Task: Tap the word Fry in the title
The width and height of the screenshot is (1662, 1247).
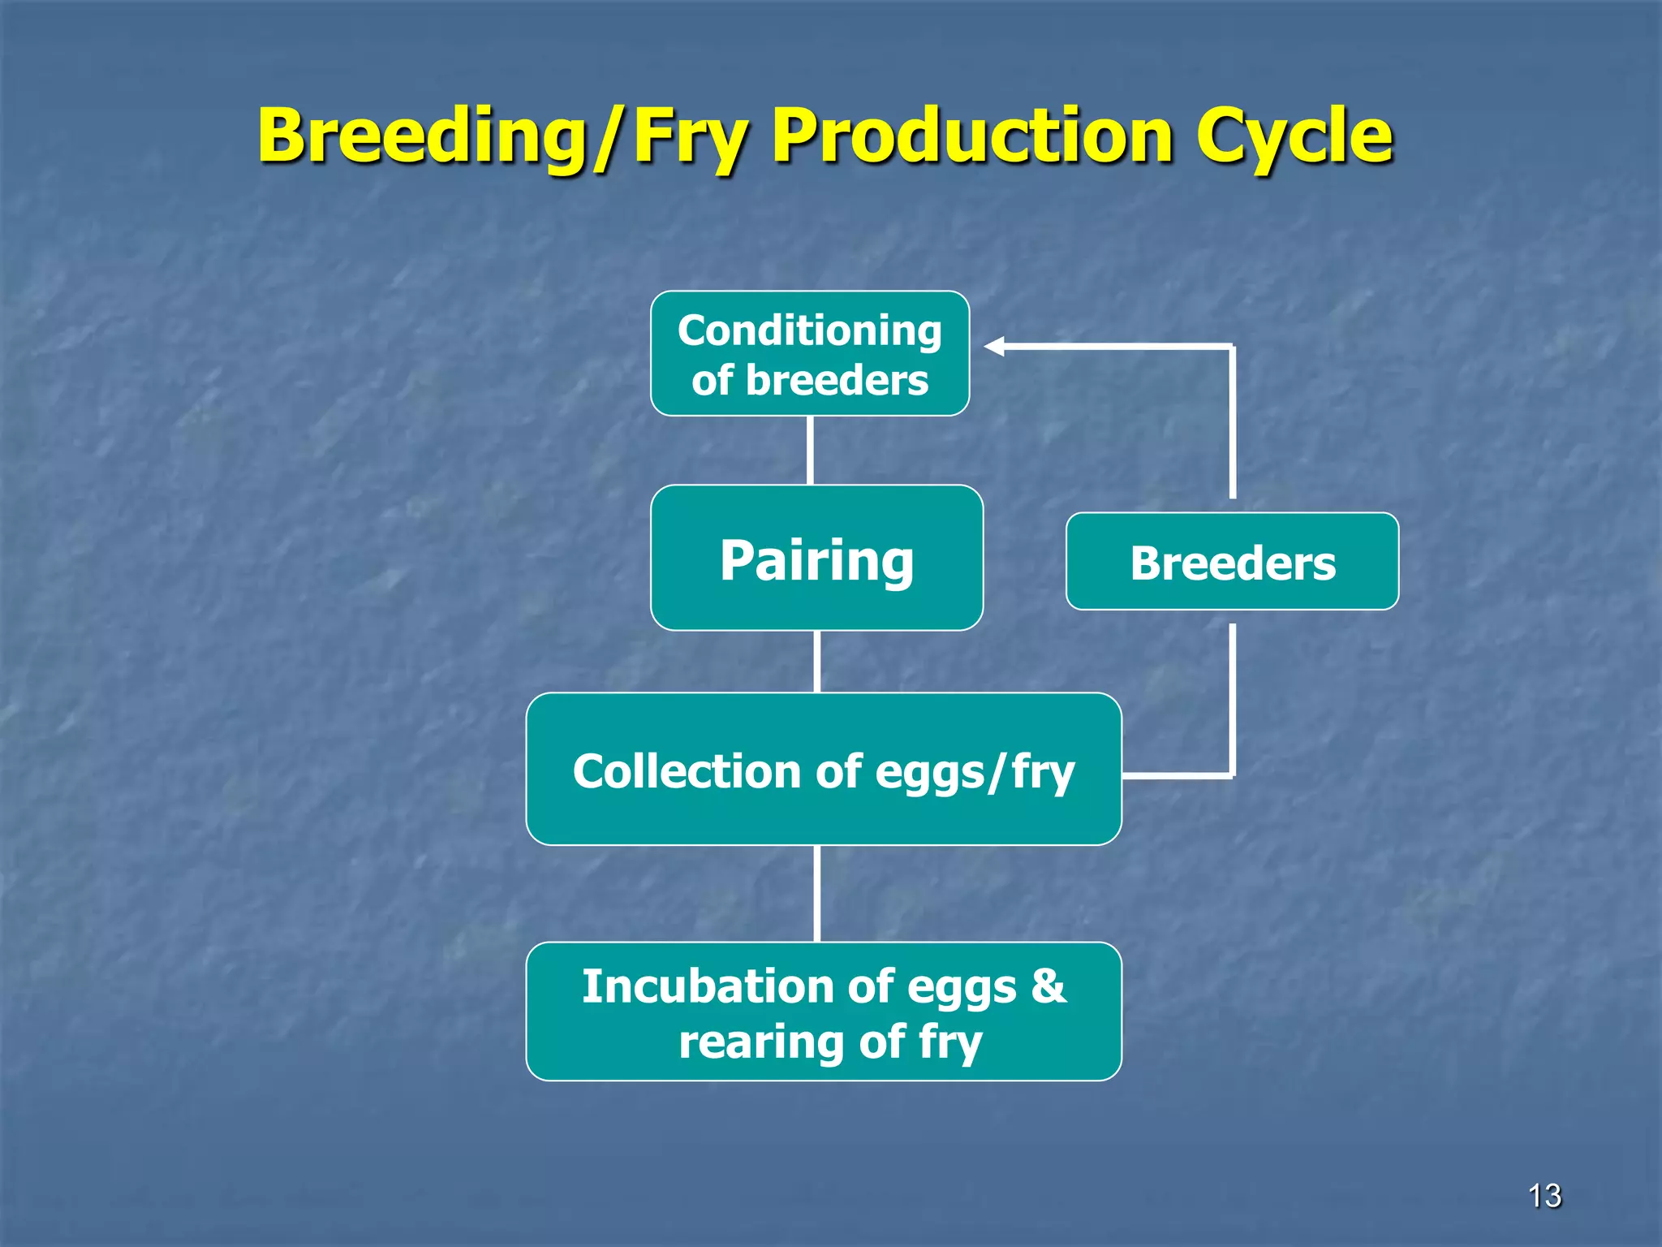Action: coord(688,136)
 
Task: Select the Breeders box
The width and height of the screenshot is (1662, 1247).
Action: coord(1232,562)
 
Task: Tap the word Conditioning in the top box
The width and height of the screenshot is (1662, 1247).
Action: coord(809,331)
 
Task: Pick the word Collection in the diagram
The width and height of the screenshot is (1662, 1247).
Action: coord(687,771)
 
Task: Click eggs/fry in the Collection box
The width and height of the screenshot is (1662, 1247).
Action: coord(975,773)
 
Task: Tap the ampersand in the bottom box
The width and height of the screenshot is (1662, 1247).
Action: coord(1048,986)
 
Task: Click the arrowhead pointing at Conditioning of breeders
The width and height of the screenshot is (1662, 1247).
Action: coord(995,347)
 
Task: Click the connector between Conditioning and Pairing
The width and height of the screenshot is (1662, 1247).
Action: coord(810,451)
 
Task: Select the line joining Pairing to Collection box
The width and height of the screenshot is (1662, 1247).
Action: coord(816,662)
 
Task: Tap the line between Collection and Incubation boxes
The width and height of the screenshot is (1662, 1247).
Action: coord(816,893)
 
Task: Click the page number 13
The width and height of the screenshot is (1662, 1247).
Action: coord(1544,1196)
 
